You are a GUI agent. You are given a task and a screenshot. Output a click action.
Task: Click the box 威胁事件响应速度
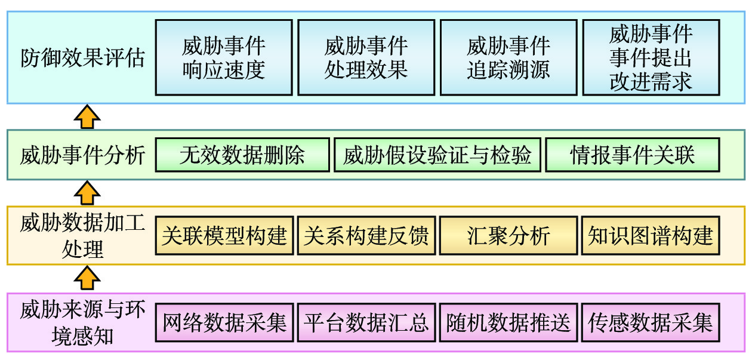224,57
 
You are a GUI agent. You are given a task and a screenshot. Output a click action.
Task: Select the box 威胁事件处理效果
366,57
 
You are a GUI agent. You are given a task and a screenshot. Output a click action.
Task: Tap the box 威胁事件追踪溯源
508,57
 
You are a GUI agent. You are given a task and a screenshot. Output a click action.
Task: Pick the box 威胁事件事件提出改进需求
651,57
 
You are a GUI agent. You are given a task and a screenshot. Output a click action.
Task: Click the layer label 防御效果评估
82,59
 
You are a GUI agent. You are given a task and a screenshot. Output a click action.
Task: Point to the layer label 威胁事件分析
82,155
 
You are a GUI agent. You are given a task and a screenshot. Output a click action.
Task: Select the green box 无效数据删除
242,155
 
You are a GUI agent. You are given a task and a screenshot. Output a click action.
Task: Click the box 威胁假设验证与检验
437,155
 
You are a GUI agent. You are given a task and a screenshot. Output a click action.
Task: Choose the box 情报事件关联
633,155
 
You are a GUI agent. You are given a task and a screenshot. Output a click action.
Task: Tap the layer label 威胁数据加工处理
82,236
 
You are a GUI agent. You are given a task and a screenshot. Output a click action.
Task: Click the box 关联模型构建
224,236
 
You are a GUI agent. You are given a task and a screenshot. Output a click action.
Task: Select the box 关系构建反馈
366,236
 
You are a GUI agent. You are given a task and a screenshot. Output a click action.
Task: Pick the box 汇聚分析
508,236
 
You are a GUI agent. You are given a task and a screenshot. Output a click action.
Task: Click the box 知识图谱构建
651,236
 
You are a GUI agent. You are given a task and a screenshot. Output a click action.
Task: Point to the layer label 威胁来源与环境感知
82,323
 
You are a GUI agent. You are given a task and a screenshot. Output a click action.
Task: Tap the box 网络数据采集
224,323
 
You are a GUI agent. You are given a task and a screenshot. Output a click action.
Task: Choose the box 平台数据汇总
366,323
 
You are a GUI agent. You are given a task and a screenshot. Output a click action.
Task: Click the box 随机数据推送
508,323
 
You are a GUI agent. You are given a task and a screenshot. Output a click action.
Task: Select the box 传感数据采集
651,323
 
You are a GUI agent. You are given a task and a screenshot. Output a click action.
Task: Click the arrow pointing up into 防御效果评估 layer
87,116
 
